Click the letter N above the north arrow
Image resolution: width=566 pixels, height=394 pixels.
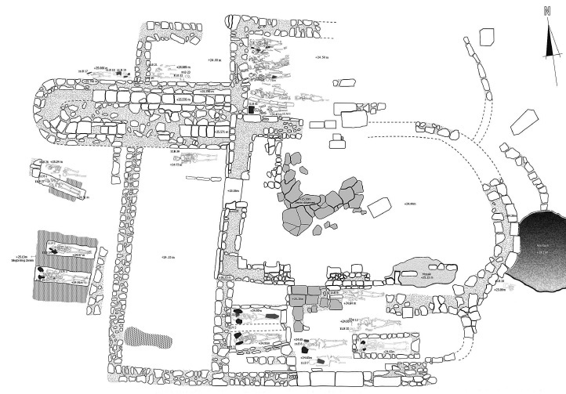click(547, 11)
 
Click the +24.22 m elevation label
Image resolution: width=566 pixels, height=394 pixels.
click(168, 258)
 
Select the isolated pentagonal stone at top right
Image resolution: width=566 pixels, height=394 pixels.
click(486, 38)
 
